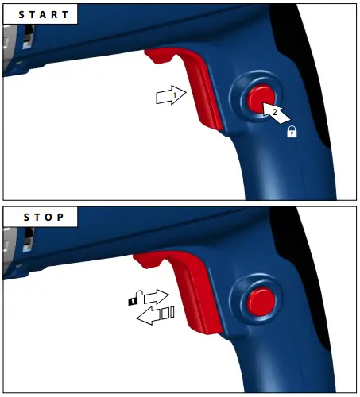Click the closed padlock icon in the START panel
(x=292, y=134)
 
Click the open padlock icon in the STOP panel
(x=134, y=299)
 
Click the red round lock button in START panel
(x=259, y=99)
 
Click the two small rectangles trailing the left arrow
(x=168, y=315)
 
